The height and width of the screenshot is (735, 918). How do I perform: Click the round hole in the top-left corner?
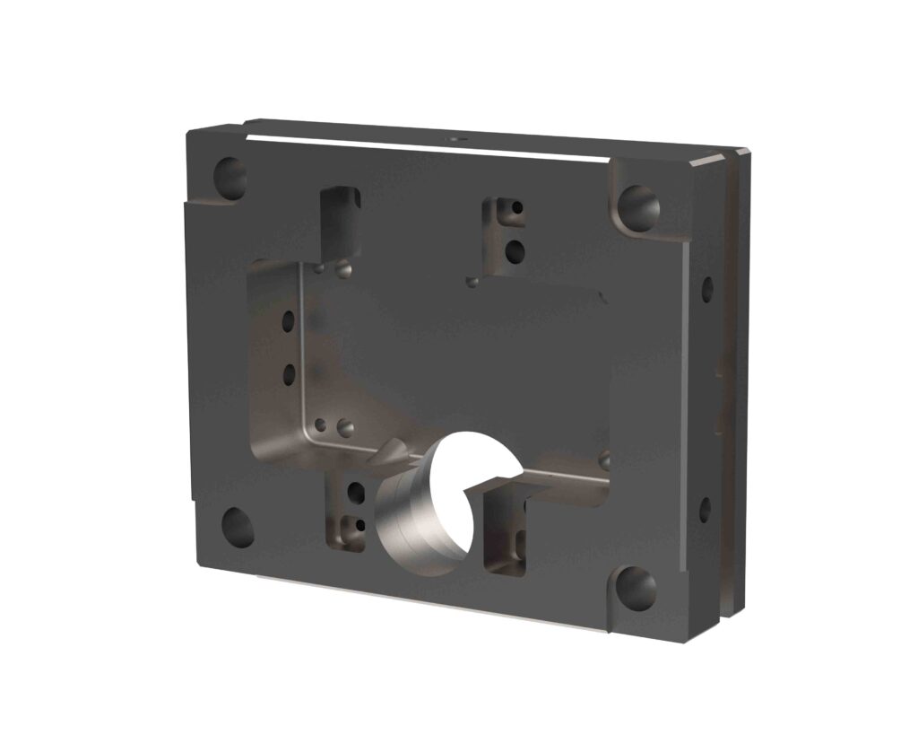click(231, 177)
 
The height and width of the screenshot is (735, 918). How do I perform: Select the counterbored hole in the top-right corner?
click(639, 207)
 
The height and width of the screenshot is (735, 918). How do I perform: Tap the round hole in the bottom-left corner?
click(238, 528)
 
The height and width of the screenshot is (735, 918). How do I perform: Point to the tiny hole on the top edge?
click(455, 140)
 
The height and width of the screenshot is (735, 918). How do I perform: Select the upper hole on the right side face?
click(707, 288)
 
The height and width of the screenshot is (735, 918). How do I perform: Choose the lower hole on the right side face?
click(705, 510)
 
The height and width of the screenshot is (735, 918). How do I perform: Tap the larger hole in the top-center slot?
click(515, 251)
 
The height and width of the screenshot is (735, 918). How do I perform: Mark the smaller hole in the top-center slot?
click(516, 208)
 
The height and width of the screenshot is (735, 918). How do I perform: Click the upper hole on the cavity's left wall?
click(288, 320)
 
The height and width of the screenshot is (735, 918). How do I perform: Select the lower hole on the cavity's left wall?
click(289, 373)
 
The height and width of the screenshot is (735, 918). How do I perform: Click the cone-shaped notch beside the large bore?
click(393, 453)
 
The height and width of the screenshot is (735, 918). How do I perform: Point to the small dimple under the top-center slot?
click(472, 282)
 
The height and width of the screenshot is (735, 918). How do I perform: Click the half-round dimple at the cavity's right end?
click(605, 460)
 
